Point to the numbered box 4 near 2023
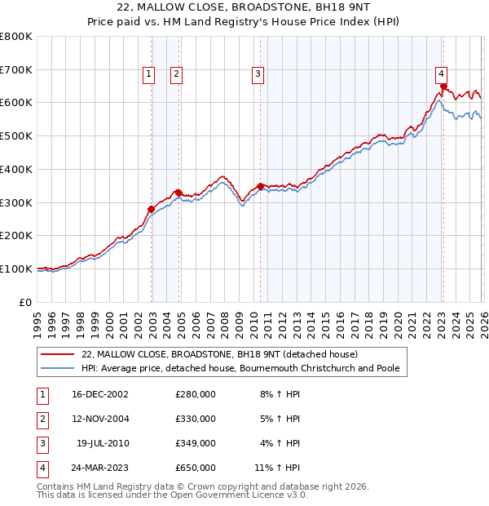tap(440, 71)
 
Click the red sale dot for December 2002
tap(151, 209)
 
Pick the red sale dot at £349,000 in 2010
tap(260, 186)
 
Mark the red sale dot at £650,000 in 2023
tap(443, 86)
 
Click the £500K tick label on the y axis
tap(16, 135)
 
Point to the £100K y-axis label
tap(16, 269)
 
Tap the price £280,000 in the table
tap(196, 394)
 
